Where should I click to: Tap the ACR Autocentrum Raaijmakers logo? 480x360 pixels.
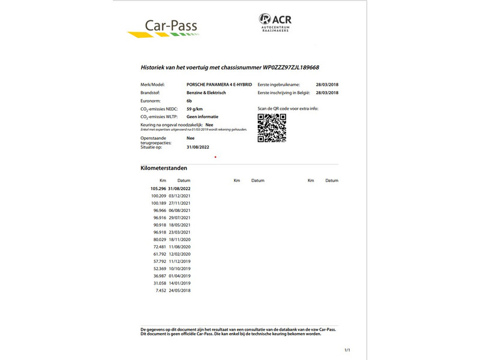click(x=275, y=23)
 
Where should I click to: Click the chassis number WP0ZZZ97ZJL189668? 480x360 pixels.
click(x=280, y=68)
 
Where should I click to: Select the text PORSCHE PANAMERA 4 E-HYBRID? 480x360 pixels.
click(x=219, y=85)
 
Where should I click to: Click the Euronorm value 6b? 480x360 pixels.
click(x=190, y=101)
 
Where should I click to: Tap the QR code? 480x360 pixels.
click(x=271, y=127)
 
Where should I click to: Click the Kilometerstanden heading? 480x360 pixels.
click(x=163, y=168)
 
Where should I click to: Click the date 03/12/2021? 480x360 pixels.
click(x=179, y=196)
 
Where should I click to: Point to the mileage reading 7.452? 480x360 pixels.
click(x=160, y=290)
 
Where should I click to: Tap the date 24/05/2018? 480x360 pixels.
click(x=179, y=290)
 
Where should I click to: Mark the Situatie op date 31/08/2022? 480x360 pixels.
click(x=197, y=147)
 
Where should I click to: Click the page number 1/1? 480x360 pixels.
click(x=347, y=349)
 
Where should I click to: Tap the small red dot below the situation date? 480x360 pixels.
click(x=215, y=157)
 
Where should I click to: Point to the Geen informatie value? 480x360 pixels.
click(x=202, y=116)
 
